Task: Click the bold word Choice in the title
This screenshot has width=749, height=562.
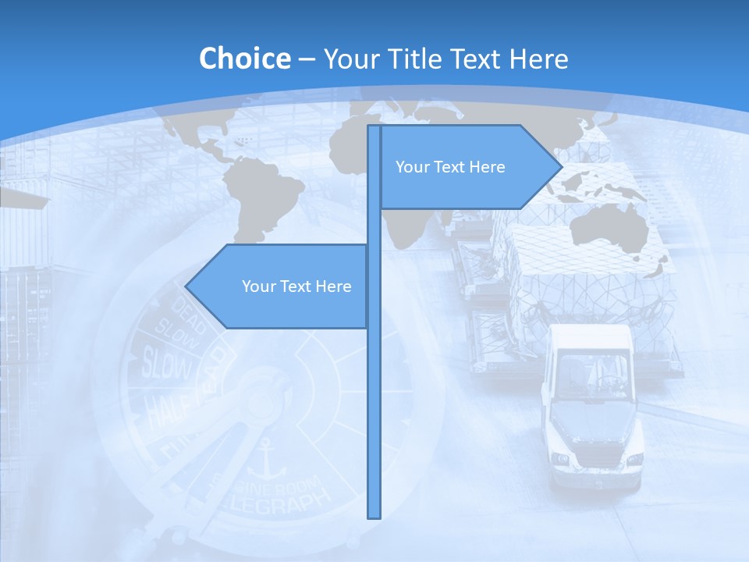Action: [x=244, y=59]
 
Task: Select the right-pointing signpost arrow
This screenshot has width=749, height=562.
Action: [x=468, y=166]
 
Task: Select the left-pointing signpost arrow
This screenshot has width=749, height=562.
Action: [x=281, y=286]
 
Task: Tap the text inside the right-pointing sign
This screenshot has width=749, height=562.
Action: [x=450, y=167]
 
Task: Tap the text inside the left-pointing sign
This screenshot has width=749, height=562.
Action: [x=296, y=286]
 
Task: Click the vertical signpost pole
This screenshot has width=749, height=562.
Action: [x=374, y=390]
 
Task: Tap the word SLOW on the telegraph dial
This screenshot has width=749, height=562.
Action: [x=165, y=363]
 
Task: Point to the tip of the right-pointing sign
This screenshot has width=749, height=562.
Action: [x=561, y=166]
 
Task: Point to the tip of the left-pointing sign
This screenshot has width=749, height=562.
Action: [x=186, y=286]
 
